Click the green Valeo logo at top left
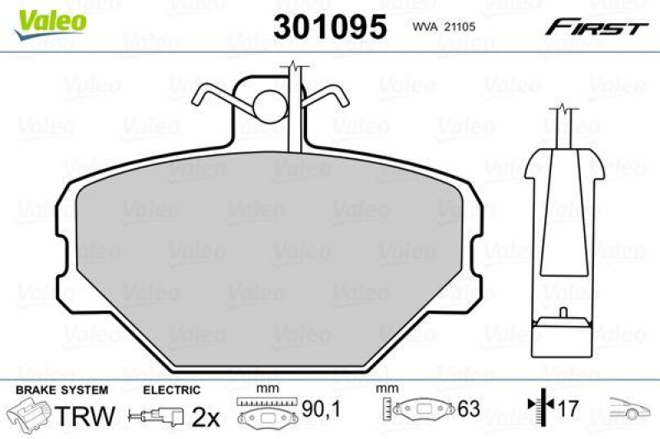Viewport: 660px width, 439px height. (x=49, y=18)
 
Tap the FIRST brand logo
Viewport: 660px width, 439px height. (x=595, y=27)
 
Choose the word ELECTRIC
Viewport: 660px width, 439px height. (x=172, y=390)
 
